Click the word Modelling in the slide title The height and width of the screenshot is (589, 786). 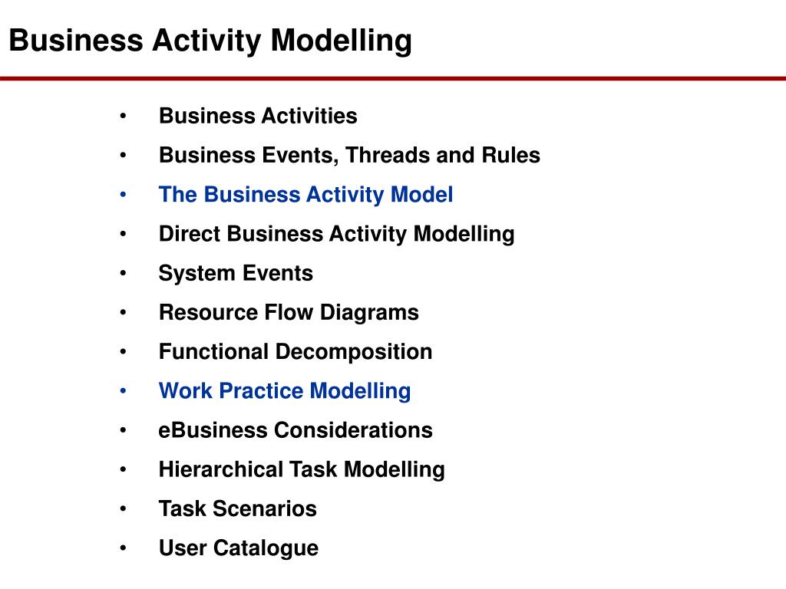click(x=341, y=41)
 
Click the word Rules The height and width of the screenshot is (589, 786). click(x=510, y=155)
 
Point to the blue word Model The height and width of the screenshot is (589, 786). click(x=421, y=194)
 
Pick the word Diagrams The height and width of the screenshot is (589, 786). click(x=369, y=313)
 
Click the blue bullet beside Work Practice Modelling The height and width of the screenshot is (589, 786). click(x=124, y=390)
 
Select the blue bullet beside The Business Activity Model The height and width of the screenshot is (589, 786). click(x=124, y=194)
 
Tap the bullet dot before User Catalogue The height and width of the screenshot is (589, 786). click(x=124, y=548)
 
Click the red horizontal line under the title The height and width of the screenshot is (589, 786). click(x=393, y=79)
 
